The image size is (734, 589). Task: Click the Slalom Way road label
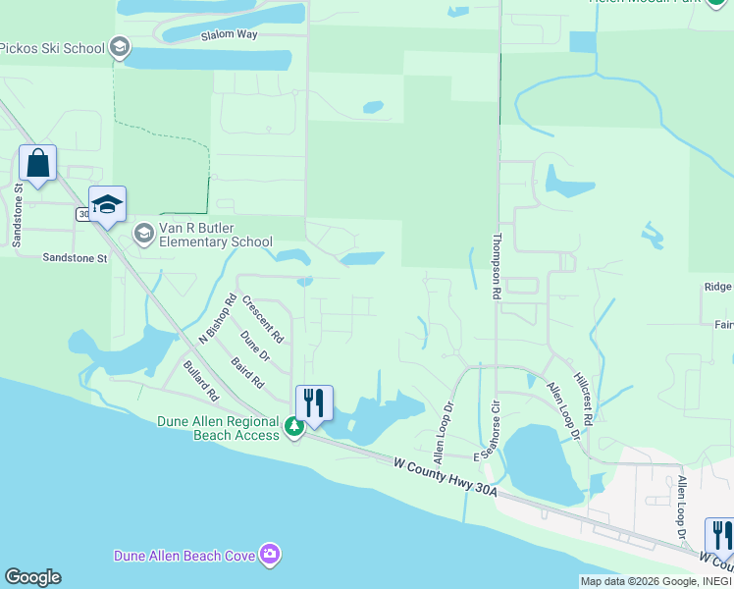pyautogui.click(x=228, y=34)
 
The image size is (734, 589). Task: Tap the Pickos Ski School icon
pyautogui.click(x=120, y=46)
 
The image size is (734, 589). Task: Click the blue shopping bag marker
pyautogui.click(x=37, y=163)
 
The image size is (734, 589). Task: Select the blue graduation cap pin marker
pyautogui.click(x=107, y=204)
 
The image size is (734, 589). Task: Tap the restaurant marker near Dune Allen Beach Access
pyautogui.click(x=314, y=402)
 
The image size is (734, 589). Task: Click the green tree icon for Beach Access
pyautogui.click(x=293, y=428)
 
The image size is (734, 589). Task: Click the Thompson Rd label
pyautogui.click(x=498, y=265)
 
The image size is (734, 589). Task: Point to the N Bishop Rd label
pyautogui.click(x=218, y=318)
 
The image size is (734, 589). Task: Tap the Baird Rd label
pyautogui.click(x=248, y=370)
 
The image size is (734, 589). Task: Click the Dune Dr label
pyautogui.click(x=254, y=346)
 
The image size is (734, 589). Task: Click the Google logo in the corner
pyautogui.click(x=31, y=577)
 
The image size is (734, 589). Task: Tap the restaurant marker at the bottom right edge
pyautogui.click(x=721, y=536)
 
